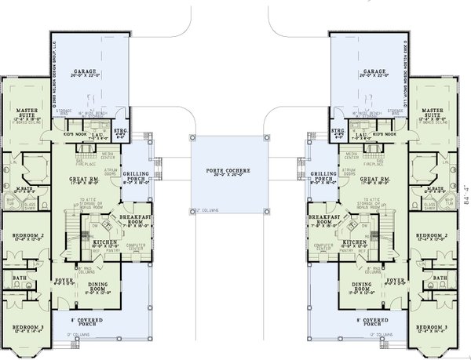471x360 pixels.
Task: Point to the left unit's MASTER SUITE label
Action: (x=28, y=115)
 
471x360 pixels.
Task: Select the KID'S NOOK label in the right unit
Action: (x=380, y=134)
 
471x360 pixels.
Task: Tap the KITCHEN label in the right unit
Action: (x=352, y=242)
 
